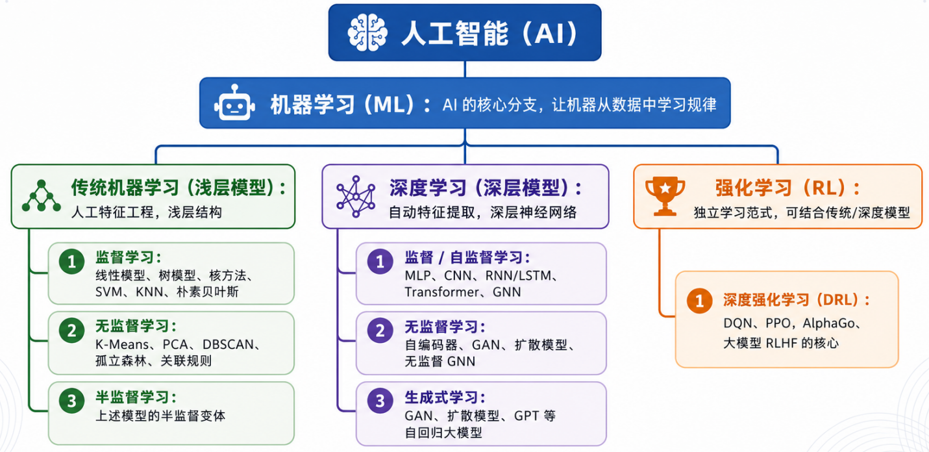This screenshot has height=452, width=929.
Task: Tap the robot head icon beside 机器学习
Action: click(x=235, y=103)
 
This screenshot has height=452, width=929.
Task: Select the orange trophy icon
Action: click(x=665, y=196)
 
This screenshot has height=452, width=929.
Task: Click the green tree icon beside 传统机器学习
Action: click(x=41, y=196)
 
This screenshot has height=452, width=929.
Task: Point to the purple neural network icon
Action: click(x=356, y=197)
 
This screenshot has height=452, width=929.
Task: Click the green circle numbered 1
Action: click(x=72, y=262)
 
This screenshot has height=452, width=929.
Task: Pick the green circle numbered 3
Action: click(x=72, y=401)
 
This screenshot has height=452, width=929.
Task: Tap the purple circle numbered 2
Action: click(x=380, y=331)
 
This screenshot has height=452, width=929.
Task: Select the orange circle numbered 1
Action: click(x=700, y=301)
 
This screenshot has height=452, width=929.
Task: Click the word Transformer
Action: click(x=440, y=292)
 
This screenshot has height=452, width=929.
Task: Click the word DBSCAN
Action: click(x=228, y=344)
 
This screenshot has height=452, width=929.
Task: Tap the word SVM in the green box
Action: click(x=108, y=292)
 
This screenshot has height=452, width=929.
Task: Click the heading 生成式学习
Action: click(x=441, y=397)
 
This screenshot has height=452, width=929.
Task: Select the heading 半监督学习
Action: click(x=132, y=397)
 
